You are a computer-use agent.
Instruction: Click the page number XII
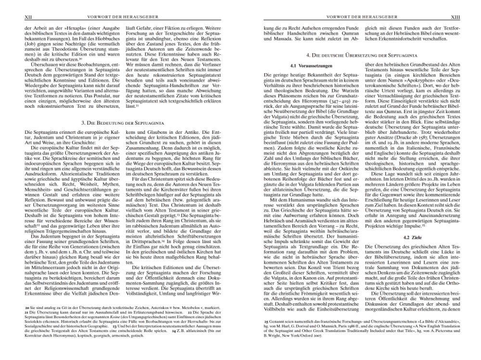28,17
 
